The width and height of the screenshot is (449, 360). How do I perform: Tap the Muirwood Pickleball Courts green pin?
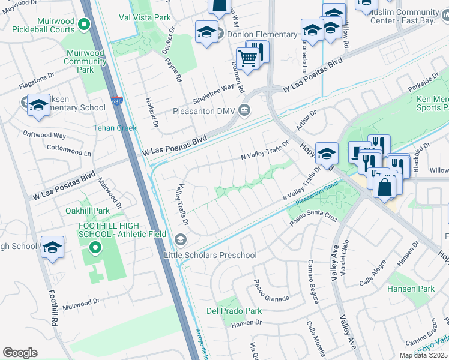click(x=84, y=25)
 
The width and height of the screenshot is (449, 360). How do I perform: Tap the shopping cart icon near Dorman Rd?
click(x=247, y=59)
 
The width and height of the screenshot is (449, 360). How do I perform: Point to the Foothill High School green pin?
click(x=94, y=247)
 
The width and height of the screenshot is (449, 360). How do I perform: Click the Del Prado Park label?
click(x=234, y=311)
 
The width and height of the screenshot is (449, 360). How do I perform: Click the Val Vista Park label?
click(x=145, y=18)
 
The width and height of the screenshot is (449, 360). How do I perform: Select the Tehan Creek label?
click(x=115, y=128)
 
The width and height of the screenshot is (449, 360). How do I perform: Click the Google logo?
click(x=20, y=353)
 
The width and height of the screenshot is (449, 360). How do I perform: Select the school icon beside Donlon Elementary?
click(x=206, y=33)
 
